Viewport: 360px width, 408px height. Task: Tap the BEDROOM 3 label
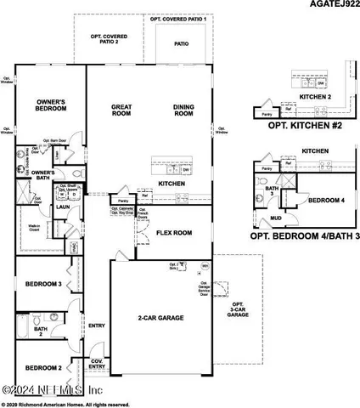coord(40,285)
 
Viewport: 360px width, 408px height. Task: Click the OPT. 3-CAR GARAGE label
coord(239,309)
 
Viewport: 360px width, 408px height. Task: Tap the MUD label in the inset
coord(277,218)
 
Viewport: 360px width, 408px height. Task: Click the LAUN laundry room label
coord(62,206)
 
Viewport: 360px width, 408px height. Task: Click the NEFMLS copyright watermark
coord(53,390)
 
